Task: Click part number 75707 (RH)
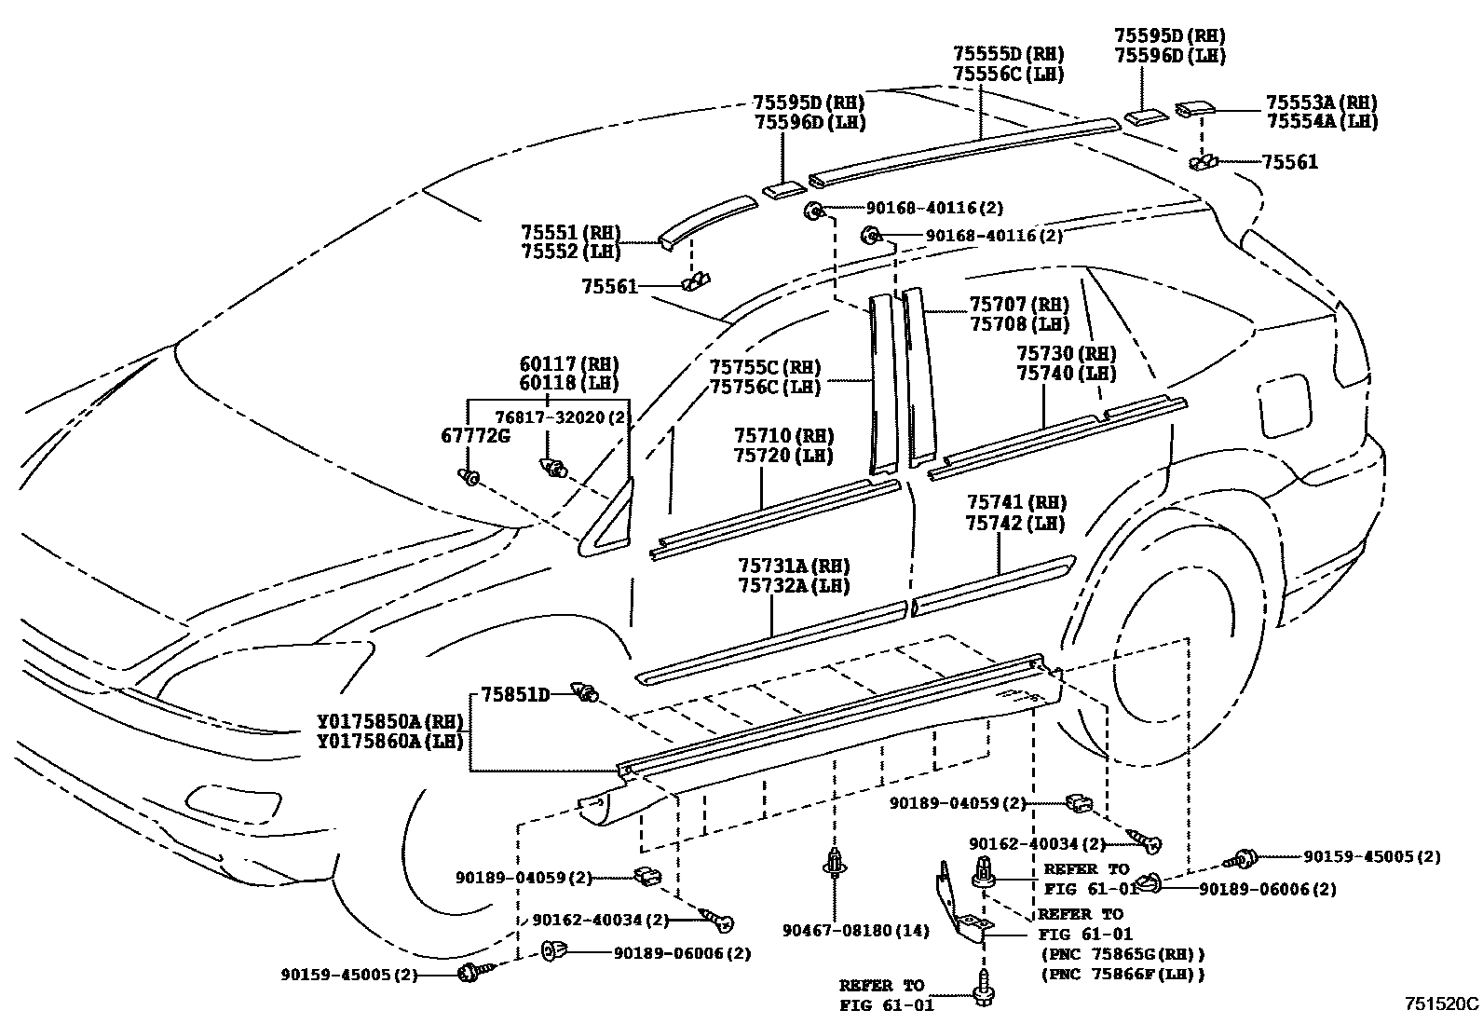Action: pos(1018,305)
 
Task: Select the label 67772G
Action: pos(475,435)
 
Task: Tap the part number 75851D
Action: pos(515,693)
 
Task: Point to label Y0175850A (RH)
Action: pos(390,721)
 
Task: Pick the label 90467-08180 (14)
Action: pos(855,930)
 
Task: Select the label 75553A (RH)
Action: pos(1321,102)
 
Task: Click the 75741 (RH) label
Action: pos(1015,503)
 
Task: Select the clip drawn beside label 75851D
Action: pos(587,692)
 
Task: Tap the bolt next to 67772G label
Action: pos(469,477)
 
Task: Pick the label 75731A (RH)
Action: pos(793,566)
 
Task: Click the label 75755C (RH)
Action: pos(764,367)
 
